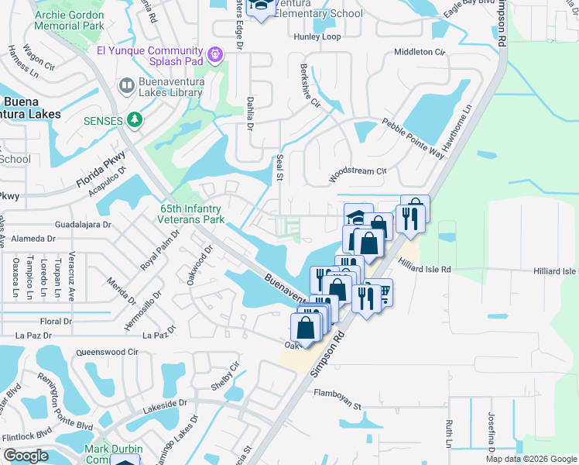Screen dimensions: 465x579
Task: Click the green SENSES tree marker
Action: tap(135, 120)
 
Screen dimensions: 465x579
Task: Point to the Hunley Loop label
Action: tap(317, 37)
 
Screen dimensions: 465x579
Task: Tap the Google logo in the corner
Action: tap(25, 456)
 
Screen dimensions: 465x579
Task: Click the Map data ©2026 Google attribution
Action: tap(531, 459)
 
